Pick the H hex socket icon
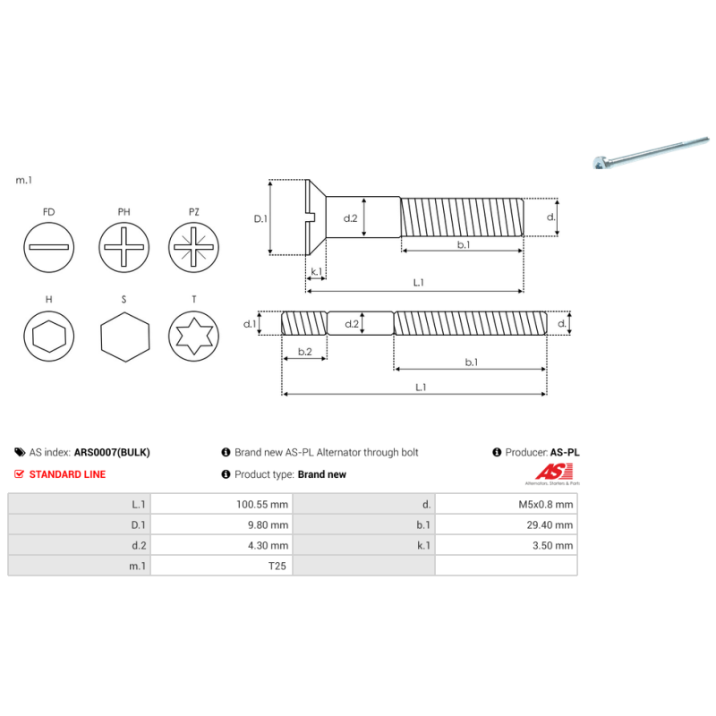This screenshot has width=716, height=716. tap(48, 337)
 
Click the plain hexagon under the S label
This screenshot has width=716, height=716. tap(123, 337)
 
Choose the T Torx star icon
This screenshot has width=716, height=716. tap(194, 337)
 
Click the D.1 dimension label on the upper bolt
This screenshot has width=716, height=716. tap(260, 217)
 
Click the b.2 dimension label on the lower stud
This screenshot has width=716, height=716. tap(303, 352)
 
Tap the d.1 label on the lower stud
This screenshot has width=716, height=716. tap(250, 323)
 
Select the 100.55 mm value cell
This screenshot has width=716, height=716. tap(261, 504)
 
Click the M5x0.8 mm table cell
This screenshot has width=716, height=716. tap(546, 504)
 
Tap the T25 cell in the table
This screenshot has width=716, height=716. tap(277, 566)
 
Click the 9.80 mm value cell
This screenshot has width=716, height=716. tap(268, 524)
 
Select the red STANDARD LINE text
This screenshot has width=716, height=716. tap(67, 474)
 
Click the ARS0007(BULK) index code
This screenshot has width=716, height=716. tap(112, 453)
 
